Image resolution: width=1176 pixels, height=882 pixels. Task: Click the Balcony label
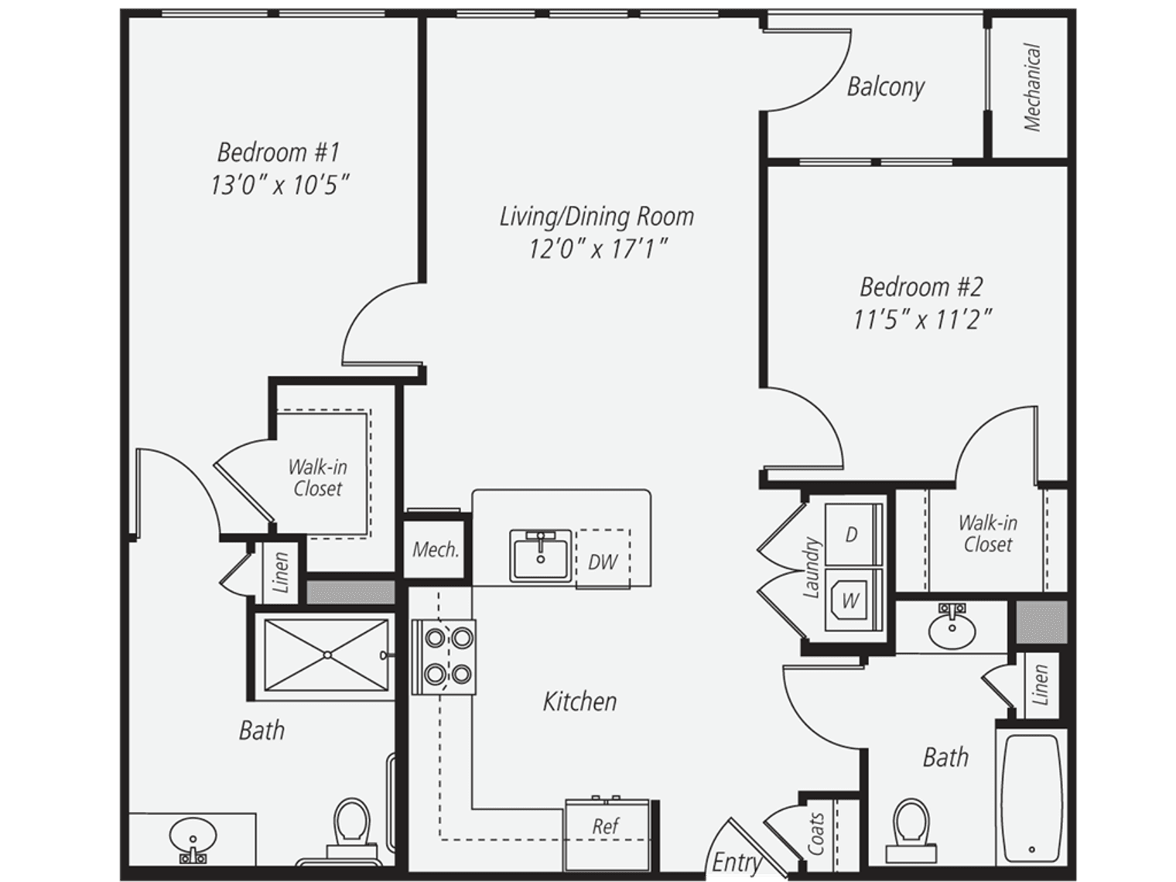885,87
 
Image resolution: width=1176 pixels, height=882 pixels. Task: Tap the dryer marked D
853,535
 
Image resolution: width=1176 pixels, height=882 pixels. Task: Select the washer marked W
853,600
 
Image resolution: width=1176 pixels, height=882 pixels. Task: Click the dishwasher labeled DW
603,559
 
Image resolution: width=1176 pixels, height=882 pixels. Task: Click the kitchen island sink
541,556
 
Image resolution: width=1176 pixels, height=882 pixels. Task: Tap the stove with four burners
443,657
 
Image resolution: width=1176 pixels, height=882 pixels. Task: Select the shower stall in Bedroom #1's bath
326,655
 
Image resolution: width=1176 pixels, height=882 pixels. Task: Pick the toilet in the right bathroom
911,831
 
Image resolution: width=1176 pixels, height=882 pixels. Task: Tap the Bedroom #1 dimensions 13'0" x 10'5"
279,185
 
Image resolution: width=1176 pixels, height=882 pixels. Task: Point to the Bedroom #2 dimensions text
922,320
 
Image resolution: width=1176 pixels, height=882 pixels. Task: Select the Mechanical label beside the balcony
1032,87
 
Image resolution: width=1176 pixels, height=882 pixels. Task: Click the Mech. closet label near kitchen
436,549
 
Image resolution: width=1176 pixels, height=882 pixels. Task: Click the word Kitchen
579,702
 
